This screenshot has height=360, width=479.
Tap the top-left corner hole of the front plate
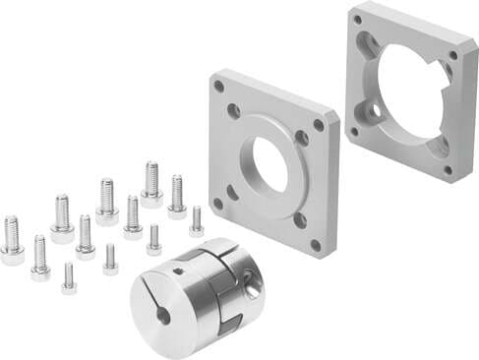point(219,86)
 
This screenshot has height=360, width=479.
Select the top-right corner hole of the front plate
point(319,125)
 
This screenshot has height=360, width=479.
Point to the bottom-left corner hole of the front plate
point(217,204)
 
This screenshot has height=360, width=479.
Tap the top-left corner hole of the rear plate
point(356,19)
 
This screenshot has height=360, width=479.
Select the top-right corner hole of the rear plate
point(453,55)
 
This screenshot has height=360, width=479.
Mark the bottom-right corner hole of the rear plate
point(448,169)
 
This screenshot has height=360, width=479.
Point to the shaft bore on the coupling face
point(163,316)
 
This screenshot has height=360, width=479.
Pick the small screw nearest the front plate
point(197,222)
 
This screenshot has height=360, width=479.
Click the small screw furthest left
point(68,277)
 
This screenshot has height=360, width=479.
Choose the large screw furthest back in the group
point(151,183)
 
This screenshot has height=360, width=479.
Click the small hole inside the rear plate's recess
point(374,112)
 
